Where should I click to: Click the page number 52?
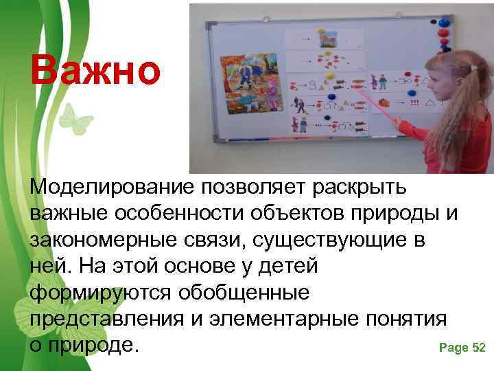pyautogui.click(x=479, y=348)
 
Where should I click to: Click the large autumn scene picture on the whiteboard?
pyautogui.click(x=251, y=85)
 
